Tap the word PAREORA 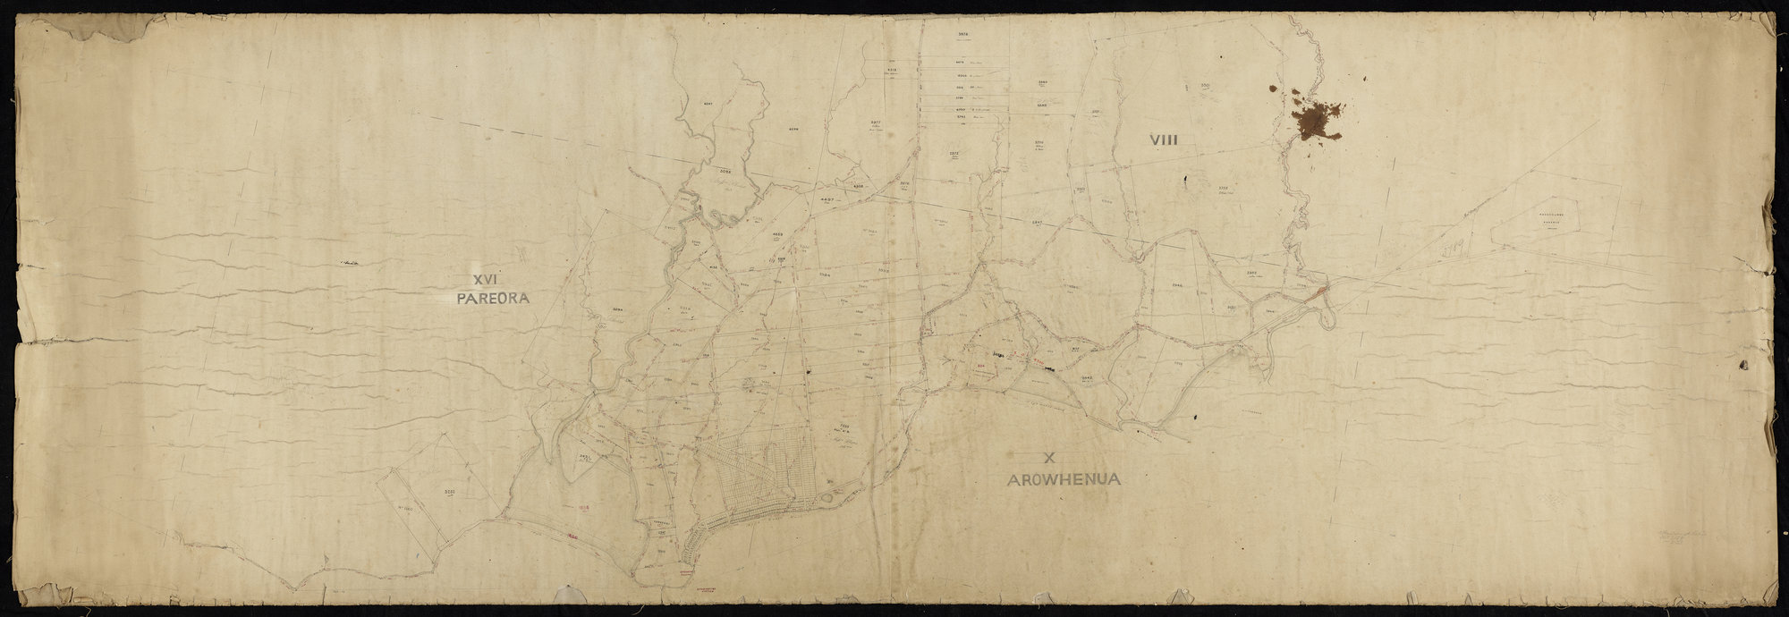coord(493,298)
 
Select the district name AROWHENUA coord(1063,479)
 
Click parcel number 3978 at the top coord(963,34)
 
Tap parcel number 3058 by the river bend coord(725,170)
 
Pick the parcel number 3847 coord(1113,221)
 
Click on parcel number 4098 coord(794,129)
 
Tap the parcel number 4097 coord(707,105)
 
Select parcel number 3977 coord(876,122)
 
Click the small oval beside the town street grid coord(831,493)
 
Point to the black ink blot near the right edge coord(1742,364)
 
